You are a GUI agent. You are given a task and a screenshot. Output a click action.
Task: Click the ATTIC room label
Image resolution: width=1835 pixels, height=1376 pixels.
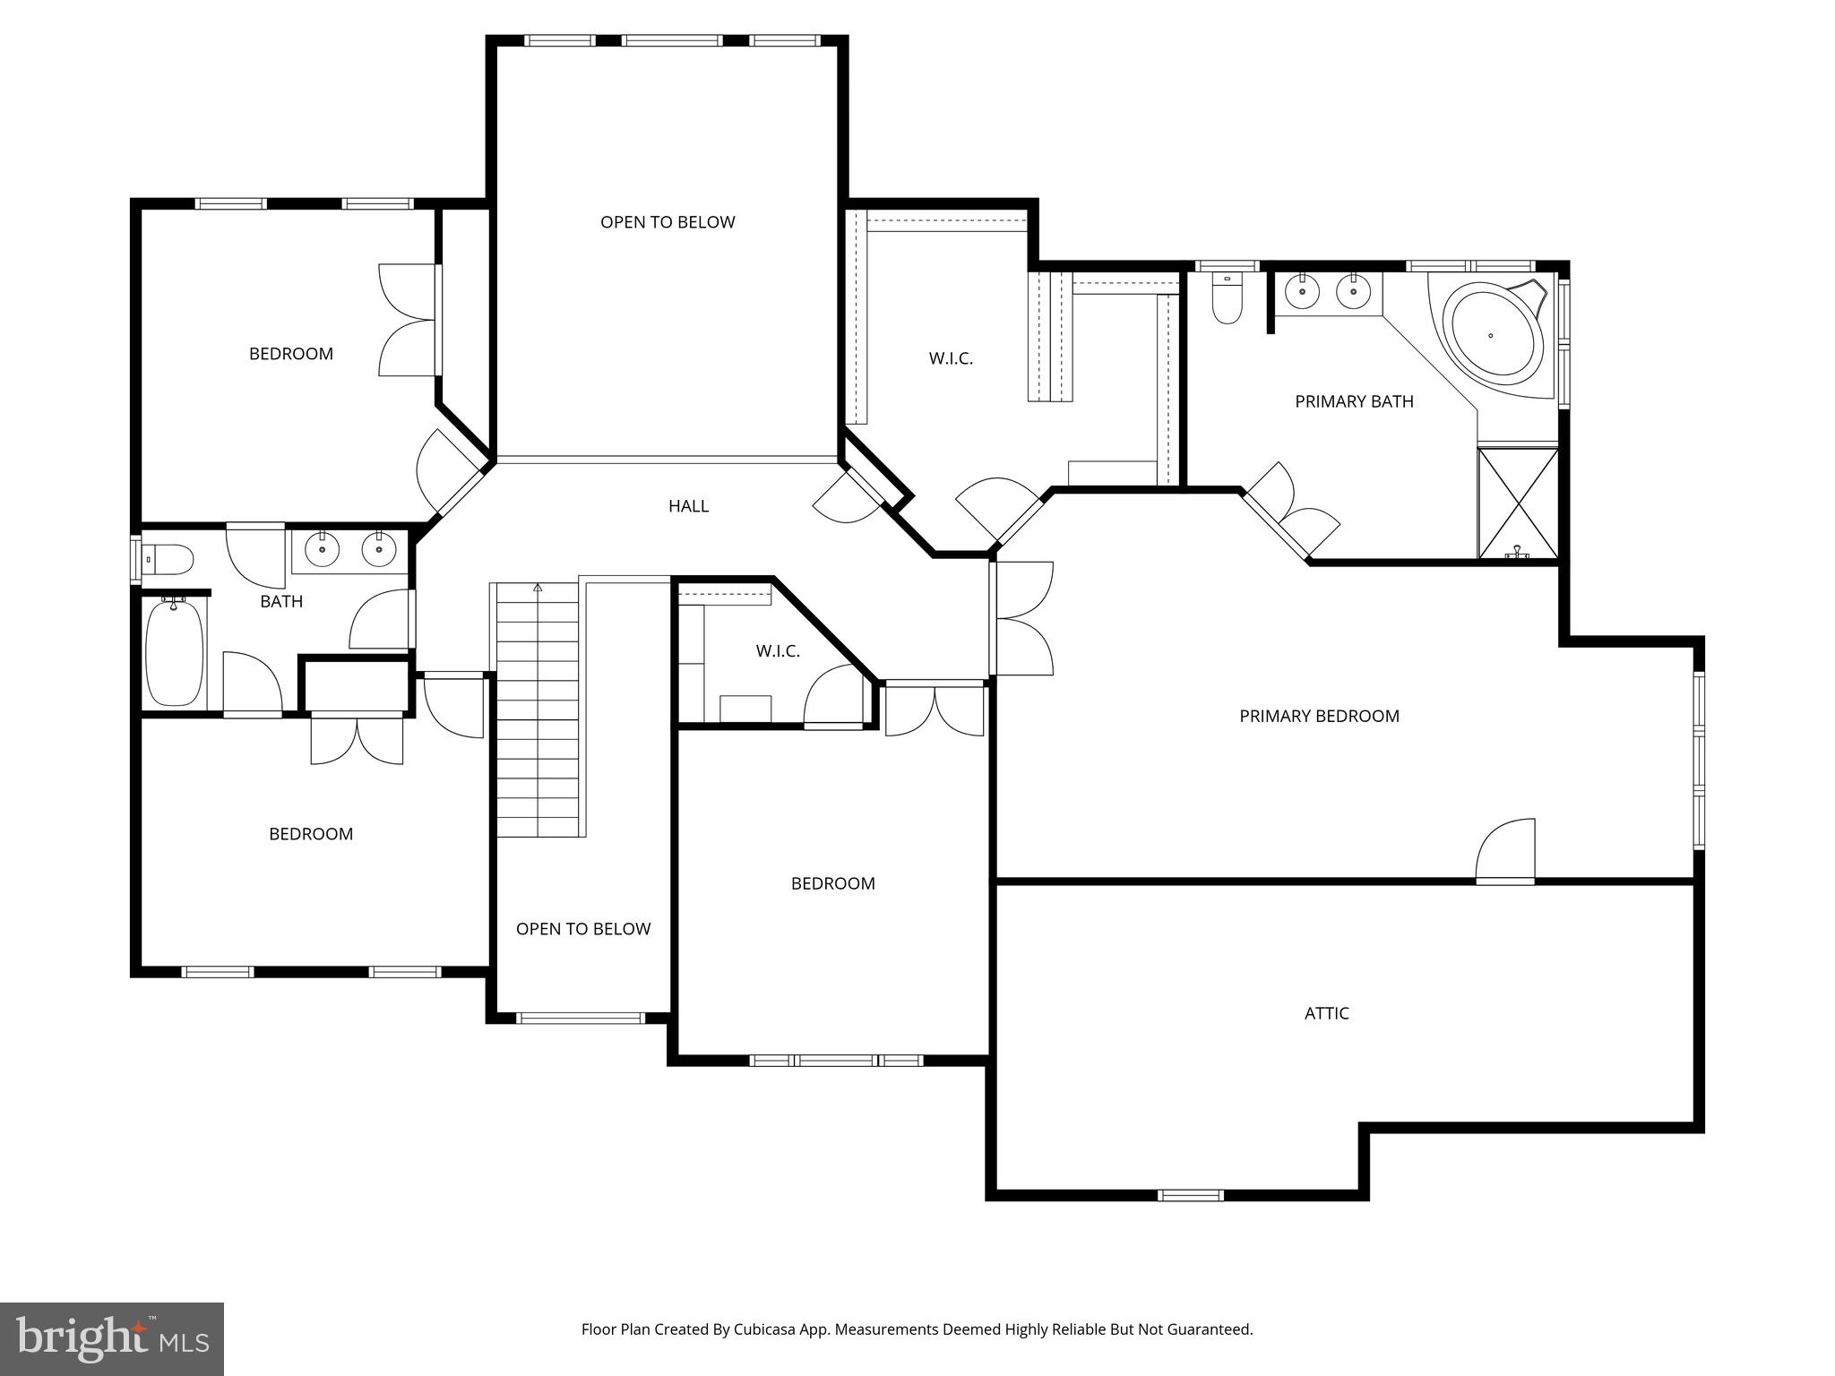pyautogui.click(x=1326, y=1013)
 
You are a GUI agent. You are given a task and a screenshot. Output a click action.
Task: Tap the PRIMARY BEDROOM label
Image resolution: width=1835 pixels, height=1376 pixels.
pyautogui.click(x=1319, y=716)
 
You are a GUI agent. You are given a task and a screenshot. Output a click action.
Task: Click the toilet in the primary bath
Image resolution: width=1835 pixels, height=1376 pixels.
pyautogui.click(x=1227, y=300)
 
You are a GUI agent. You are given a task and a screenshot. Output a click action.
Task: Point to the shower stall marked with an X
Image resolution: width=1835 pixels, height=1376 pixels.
pyautogui.click(x=1518, y=503)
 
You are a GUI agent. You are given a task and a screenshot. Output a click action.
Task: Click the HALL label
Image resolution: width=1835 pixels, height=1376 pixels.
pyautogui.click(x=688, y=506)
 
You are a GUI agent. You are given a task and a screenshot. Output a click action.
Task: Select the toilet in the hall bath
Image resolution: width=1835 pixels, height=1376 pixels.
pyautogui.click(x=168, y=560)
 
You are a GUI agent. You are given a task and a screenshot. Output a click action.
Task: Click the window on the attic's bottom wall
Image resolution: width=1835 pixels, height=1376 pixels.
pyautogui.click(x=1190, y=1195)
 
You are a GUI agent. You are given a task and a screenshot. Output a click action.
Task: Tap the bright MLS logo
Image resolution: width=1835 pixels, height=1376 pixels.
pyautogui.click(x=111, y=1339)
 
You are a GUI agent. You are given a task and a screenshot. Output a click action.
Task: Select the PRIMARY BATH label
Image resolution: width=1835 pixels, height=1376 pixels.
pyautogui.click(x=1354, y=401)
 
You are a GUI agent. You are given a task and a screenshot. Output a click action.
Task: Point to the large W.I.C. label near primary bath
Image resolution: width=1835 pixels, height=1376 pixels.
pyautogui.click(x=951, y=359)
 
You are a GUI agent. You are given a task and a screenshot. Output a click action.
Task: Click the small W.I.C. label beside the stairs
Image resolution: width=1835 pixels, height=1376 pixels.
pyautogui.click(x=778, y=651)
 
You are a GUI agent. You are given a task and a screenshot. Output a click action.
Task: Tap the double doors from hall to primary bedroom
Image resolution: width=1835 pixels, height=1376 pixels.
pyautogui.click(x=1021, y=618)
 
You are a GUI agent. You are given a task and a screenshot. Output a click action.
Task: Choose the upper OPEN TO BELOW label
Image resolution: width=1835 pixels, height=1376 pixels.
pyautogui.click(x=668, y=222)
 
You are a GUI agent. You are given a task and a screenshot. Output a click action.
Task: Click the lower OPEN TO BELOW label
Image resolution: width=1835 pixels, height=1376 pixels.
pyautogui.click(x=583, y=929)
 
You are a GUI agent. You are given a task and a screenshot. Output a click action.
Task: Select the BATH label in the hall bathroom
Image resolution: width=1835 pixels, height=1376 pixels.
pyautogui.click(x=281, y=601)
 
